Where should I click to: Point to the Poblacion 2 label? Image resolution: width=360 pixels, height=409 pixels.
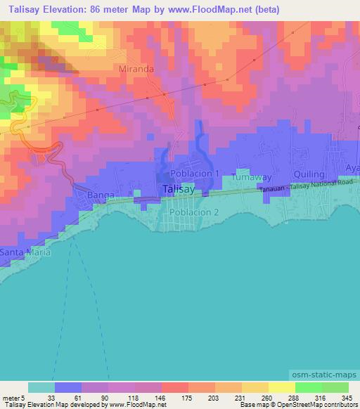[196, 212]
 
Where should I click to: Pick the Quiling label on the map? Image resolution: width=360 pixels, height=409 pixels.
[309, 174]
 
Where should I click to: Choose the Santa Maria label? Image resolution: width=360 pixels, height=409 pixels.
[22, 252]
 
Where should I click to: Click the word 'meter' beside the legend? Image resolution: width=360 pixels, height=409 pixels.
[12, 398]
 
